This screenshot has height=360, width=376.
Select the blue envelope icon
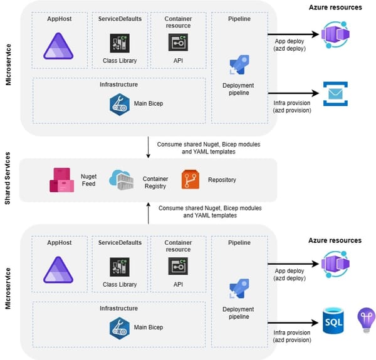tap(335, 94)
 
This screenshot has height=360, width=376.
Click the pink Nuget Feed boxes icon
tap(62, 180)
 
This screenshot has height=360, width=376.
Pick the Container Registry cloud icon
tap(122, 180)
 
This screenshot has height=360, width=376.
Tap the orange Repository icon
tap(190, 180)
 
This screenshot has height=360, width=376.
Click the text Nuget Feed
tap(89, 180)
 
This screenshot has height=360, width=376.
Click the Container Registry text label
tap(155, 182)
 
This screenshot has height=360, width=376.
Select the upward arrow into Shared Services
tap(148, 213)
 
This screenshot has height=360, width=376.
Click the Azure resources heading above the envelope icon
tap(335, 7)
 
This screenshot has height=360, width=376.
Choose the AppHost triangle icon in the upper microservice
tap(58, 45)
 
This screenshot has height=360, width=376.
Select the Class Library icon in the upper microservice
tap(119, 43)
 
